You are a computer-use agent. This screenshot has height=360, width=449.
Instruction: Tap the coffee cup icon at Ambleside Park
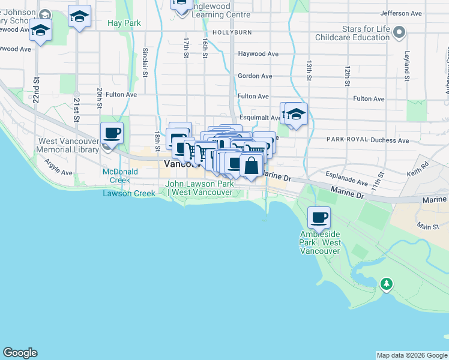click(319, 218)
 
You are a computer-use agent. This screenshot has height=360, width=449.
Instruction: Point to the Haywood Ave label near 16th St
click(258, 54)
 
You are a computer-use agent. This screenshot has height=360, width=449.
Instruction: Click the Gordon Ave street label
click(255, 76)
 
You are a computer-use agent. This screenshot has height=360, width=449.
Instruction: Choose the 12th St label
click(348, 76)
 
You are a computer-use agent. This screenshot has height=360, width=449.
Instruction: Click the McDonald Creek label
click(120, 176)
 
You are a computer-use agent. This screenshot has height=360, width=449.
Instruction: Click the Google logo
click(20, 353)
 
